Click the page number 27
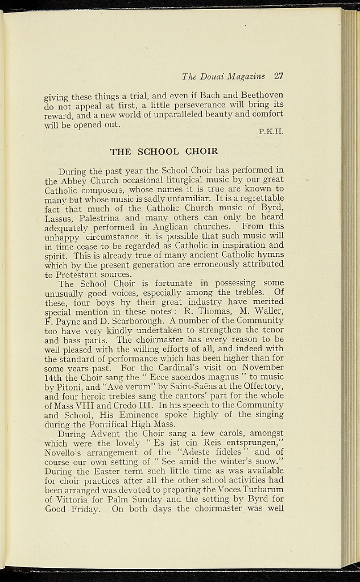pos(278,76)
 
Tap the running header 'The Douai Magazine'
pos(224,76)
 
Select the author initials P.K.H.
pos(271,132)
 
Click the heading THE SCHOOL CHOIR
pos(164,152)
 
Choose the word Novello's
pos(64,451)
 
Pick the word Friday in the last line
pos(84,508)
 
